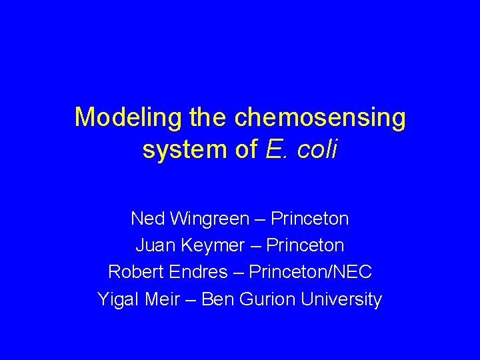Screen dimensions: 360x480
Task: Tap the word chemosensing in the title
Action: tap(319, 118)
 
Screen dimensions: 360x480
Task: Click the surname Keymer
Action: tap(212, 245)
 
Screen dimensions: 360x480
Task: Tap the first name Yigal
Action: tap(117, 300)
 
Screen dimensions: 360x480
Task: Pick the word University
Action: tap(341, 300)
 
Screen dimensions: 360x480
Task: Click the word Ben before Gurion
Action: tap(216, 300)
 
